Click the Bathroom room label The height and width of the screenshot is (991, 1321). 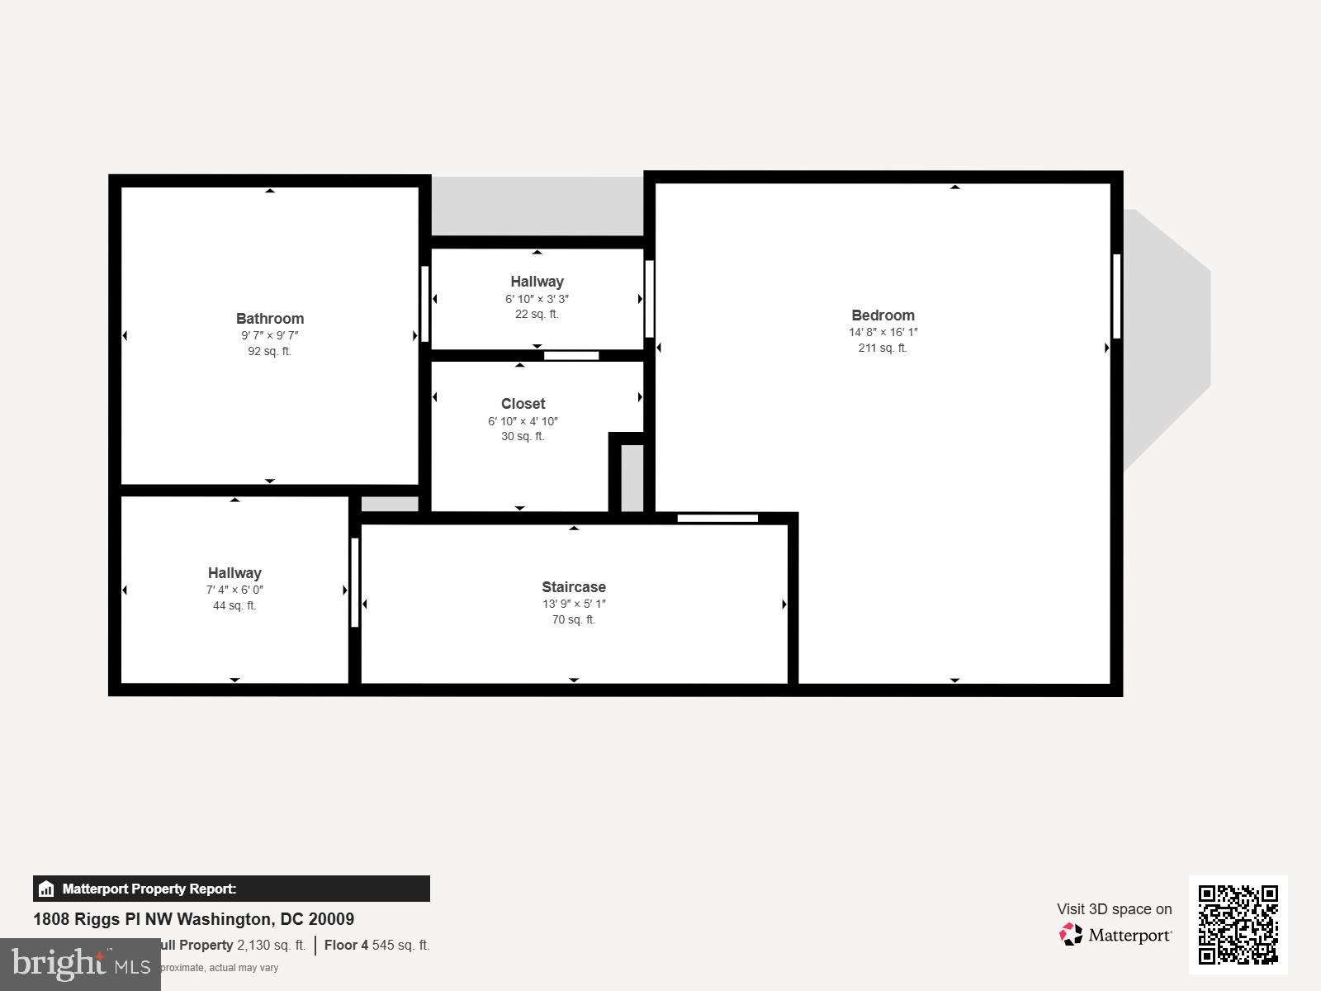pos(270,319)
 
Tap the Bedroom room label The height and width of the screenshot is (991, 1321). pos(883,315)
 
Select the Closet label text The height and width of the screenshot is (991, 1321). pos(523,404)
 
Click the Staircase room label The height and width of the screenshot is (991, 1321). pos(574,587)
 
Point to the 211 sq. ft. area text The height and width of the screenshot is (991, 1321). pos(883,349)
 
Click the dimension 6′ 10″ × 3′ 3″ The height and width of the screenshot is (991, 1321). pos(537,299)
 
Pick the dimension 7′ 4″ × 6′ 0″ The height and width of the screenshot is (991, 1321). pos(234,590)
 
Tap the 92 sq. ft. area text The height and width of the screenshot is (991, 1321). pos(270,351)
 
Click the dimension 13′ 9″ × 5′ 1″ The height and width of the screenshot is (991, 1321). pos(574,604)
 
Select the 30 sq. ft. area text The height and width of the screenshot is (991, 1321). pos(523,436)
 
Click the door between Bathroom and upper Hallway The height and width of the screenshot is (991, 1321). pos(425,303)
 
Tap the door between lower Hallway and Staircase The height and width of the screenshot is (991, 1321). pos(355,582)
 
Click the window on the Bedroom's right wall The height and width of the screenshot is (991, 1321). pos(1116,296)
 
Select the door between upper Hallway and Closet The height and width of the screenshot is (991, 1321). pos(571,356)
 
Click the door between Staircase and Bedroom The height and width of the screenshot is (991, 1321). pos(717,519)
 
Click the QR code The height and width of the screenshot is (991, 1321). pos(1238,924)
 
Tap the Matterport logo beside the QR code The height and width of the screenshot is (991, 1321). pos(1115,935)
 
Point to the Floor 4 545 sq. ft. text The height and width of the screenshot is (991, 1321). pos(376,945)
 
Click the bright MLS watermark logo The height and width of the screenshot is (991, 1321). pos(80,964)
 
